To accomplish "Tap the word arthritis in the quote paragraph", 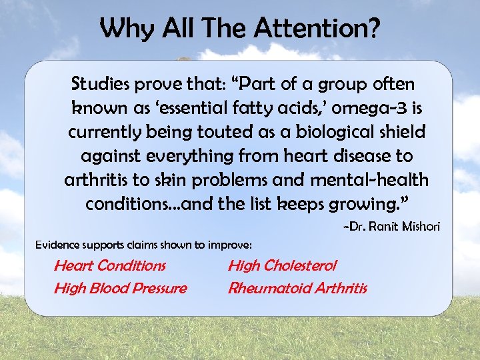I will coord(95,180).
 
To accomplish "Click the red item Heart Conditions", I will coord(110,265).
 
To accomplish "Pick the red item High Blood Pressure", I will coord(120,288).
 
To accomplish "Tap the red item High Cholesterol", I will coord(282,265).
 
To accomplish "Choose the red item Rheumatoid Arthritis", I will coord(297,288).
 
